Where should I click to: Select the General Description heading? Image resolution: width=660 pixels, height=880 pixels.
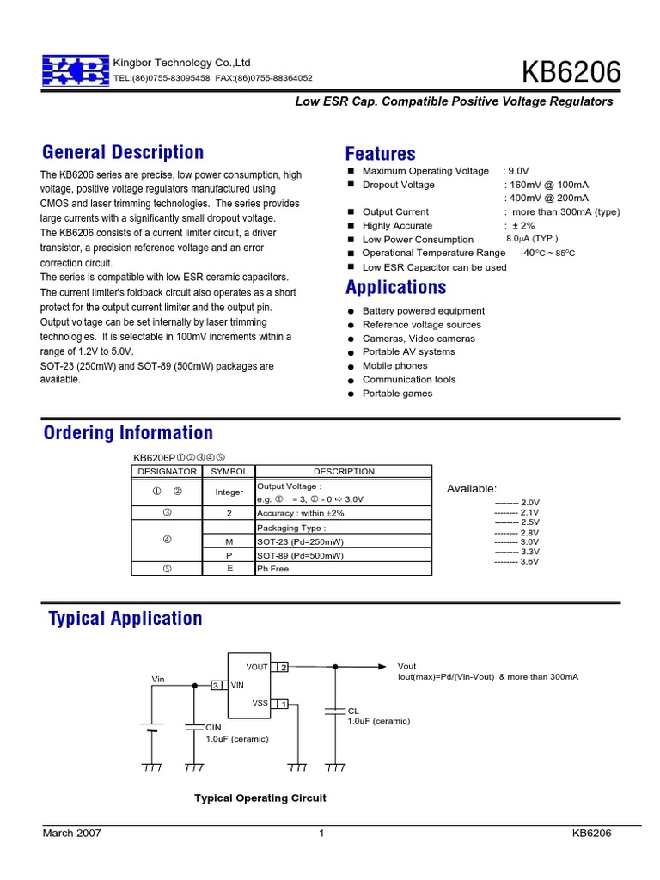[x=123, y=153]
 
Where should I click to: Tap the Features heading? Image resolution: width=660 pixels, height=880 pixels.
[x=380, y=154]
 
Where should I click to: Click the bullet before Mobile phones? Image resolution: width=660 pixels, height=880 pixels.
[x=351, y=366]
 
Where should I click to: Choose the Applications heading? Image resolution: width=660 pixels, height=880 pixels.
[x=395, y=287]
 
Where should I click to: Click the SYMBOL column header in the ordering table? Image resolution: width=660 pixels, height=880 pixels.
[x=229, y=471]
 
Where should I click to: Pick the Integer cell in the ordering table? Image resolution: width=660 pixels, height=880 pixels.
[x=229, y=492]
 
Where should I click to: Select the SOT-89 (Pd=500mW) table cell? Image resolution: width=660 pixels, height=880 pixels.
[x=300, y=555]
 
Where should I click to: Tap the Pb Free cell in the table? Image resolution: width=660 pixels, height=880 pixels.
[x=274, y=569]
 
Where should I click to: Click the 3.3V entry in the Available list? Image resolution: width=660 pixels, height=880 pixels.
[x=517, y=552]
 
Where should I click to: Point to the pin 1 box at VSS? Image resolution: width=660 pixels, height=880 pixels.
[x=283, y=704]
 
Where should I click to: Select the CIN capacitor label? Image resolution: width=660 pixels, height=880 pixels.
[x=213, y=727]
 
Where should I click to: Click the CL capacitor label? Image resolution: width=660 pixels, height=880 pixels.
[x=352, y=711]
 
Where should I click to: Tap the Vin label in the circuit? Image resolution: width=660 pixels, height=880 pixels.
[x=158, y=679]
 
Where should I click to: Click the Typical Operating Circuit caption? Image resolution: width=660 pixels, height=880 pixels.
[x=260, y=798]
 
